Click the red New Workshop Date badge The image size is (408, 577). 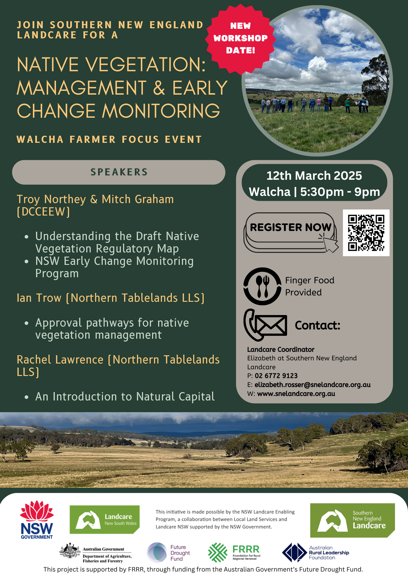click(240, 38)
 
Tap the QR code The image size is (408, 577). click(366, 233)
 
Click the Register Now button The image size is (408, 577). click(290, 228)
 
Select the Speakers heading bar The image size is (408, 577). click(119, 172)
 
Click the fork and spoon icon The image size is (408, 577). click(262, 286)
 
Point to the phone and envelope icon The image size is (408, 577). click(265, 325)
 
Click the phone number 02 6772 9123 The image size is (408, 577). click(276, 376)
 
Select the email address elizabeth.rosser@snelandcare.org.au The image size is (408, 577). click(312, 385)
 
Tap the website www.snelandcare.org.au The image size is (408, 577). click(296, 394)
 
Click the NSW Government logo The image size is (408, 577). click(37, 520)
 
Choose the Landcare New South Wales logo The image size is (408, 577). click(104, 520)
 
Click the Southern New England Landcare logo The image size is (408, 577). click(352, 520)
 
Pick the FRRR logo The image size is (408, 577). click(234, 552)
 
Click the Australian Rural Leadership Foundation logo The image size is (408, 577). click(315, 552)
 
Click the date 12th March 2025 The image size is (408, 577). click(314, 176)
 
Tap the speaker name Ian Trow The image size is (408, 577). click(39, 298)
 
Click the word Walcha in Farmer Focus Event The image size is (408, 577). click(40, 140)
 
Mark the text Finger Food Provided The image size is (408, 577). click(310, 286)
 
